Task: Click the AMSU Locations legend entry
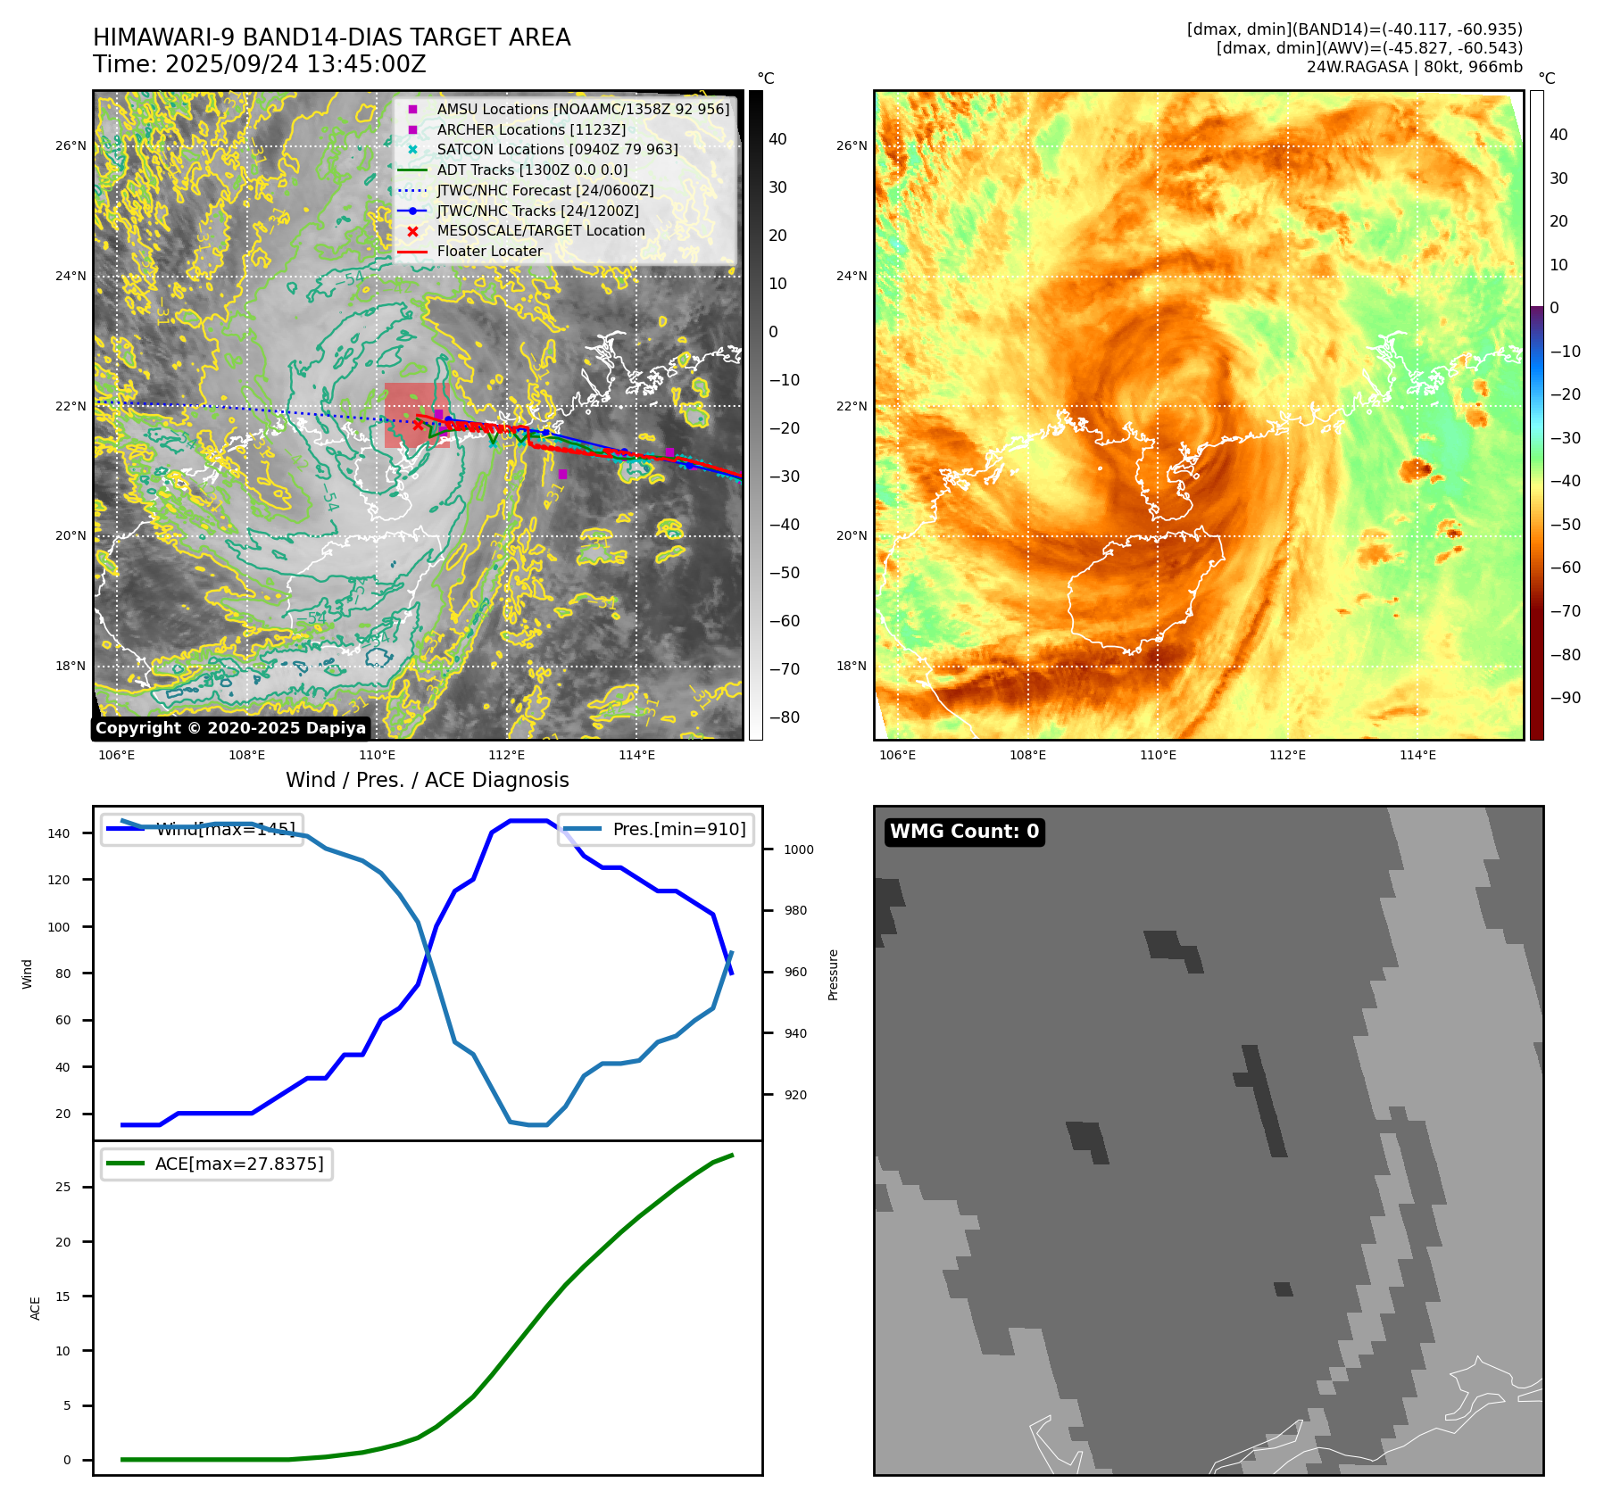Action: coord(582,109)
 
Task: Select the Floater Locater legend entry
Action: coord(489,252)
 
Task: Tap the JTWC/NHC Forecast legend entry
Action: coord(544,190)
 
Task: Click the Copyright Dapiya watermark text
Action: coord(230,728)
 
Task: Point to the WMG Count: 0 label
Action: coord(964,832)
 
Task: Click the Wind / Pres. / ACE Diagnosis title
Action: coord(427,780)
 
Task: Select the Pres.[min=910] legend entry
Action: coord(678,829)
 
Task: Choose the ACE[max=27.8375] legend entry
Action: coord(238,1164)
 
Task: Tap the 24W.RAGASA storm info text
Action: coord(1414,67)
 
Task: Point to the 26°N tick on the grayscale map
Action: coord(71,145)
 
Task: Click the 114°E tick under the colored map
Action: coord(1417,755)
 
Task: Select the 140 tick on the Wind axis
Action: coord(59,833)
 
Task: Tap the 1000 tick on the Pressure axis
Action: coord(798,849)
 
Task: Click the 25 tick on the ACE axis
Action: coord(62,1187)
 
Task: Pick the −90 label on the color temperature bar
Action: coord(1565,698)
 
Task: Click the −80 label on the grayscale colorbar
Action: coord(785,717)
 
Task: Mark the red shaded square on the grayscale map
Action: coord(416,415)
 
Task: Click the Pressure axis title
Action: coord(833,974)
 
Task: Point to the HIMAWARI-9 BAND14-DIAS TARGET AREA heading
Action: coord(331,38)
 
